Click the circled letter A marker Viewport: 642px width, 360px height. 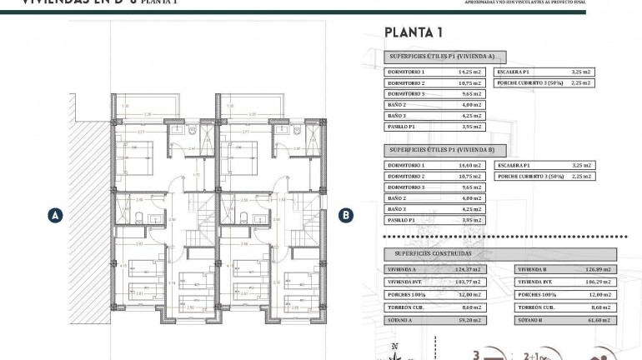(54, 214)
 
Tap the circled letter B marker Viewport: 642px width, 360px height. (345, 214)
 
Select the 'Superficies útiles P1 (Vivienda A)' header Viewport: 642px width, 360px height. (442, 57)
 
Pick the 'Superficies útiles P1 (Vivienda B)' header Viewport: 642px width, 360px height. (442, 150)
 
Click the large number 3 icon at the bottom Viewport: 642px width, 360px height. (477, 353)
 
